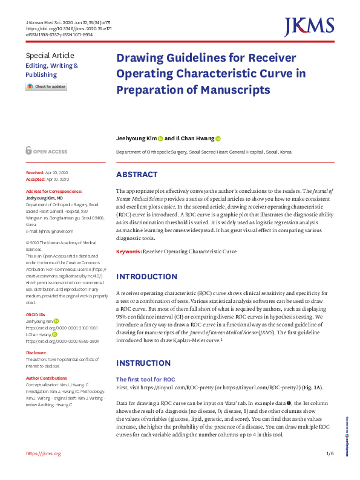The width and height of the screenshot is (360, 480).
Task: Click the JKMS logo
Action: [309, 27]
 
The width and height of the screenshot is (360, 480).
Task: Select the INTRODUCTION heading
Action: [146, 276]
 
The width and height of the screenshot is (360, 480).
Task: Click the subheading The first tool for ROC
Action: [146, 379]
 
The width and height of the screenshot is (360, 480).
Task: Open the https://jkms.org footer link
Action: [43, 453]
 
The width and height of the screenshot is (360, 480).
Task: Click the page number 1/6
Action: [329, 453]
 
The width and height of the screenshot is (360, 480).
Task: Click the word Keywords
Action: [129, 251]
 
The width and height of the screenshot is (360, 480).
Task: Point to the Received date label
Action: [35, 172]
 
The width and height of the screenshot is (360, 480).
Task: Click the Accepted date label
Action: [35, 180]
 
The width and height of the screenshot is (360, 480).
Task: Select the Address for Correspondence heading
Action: [54, 191]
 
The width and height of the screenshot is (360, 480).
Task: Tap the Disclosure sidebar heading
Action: [36, 352]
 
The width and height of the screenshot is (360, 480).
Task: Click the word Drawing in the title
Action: [141, 59]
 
